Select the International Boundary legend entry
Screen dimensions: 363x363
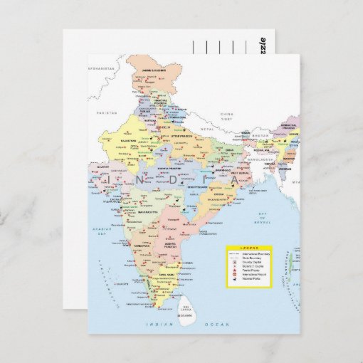[256, 254]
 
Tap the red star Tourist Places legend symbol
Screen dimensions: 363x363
[233, 270]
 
